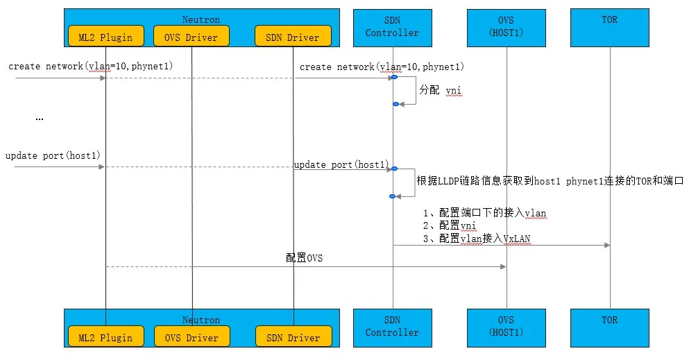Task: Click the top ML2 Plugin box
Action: click(105, 37)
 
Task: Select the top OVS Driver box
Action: click(192, 37)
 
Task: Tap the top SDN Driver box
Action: click(293, 37)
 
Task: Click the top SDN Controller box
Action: click(392, 27)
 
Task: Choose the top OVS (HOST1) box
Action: click(506, 27)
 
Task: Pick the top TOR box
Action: click(611, 27)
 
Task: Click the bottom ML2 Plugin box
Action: click(105, 338)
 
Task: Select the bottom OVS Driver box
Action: click(192, 338)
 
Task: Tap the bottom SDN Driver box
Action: click(293, 338)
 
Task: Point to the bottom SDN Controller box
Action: click(392, 327)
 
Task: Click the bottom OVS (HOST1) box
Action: click(506, 327)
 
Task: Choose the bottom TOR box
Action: click(611, 327)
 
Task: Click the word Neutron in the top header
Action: click(201, 20)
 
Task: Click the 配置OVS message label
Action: click(305, 258)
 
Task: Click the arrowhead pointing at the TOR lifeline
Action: click(606, 245)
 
